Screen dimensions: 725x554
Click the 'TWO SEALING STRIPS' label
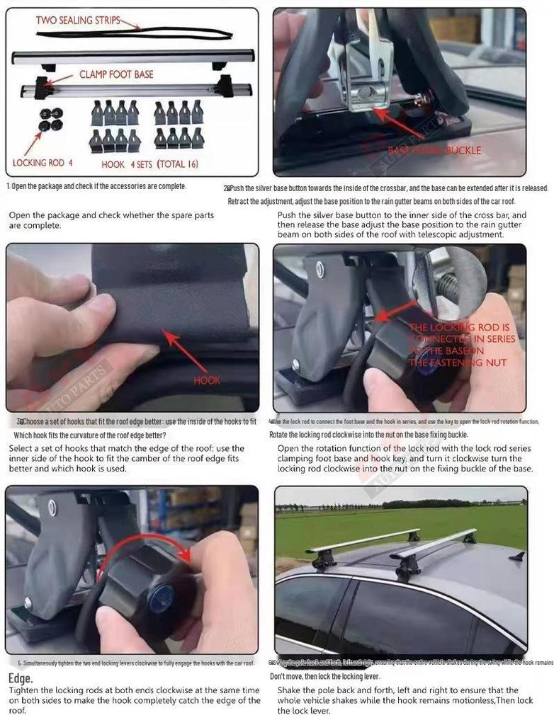[x=78, y=21]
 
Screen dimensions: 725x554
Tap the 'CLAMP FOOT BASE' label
[x=116, y=74]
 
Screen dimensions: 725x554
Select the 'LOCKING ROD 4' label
[x=43, y=163]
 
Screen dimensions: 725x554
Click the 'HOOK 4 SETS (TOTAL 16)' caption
[x=149, y=164]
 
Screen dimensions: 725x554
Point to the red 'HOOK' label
[x=207, y=380]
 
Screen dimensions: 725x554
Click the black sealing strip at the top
[x=177, y=32]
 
